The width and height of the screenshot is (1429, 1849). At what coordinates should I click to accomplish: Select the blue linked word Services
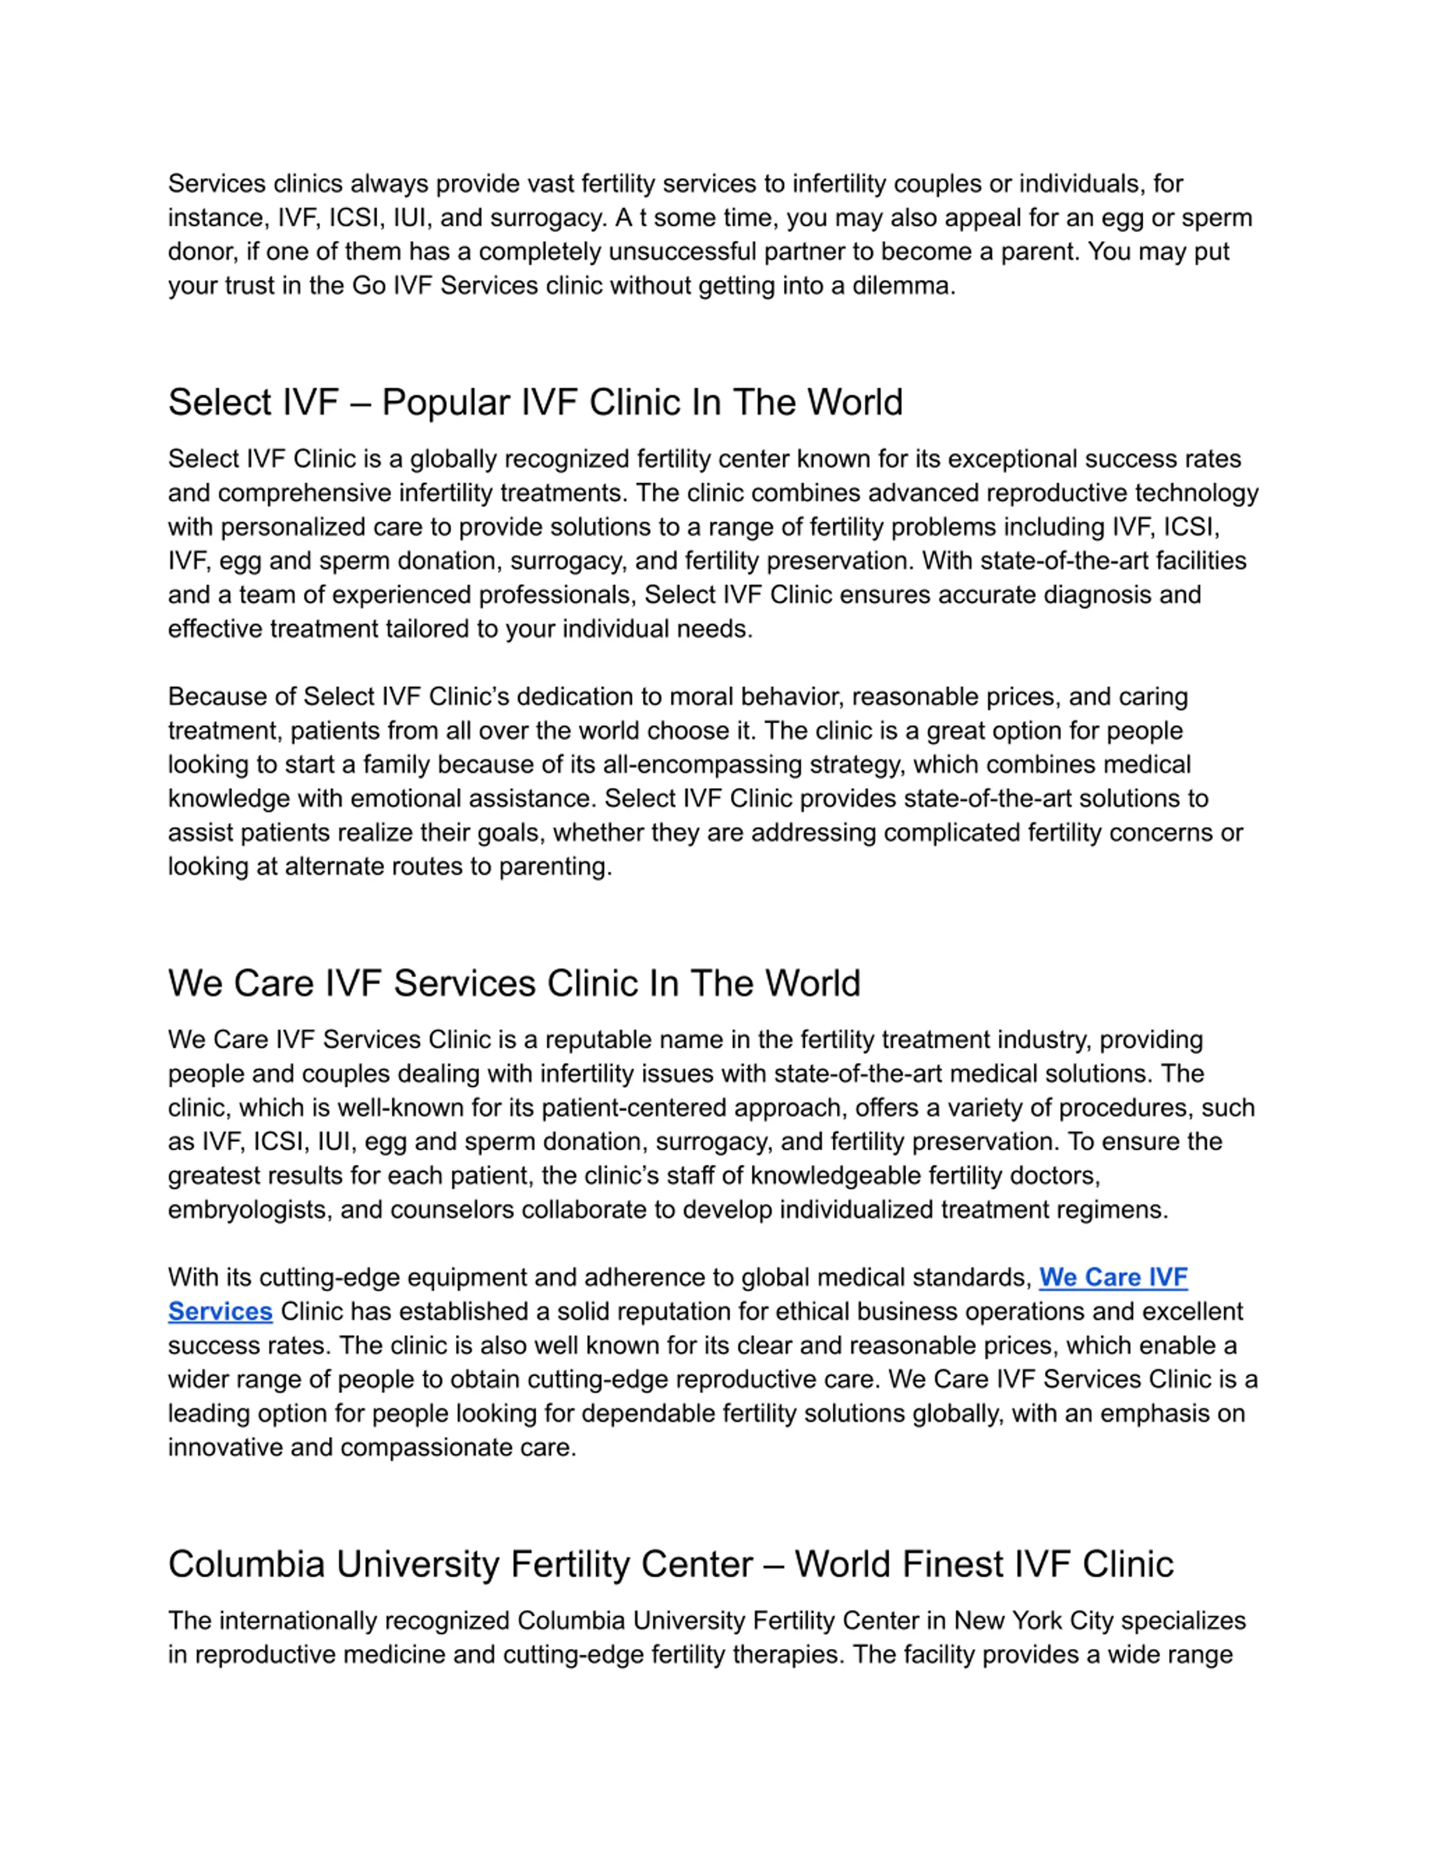[220, 1312]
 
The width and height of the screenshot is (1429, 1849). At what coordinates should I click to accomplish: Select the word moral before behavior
[701, 697]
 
